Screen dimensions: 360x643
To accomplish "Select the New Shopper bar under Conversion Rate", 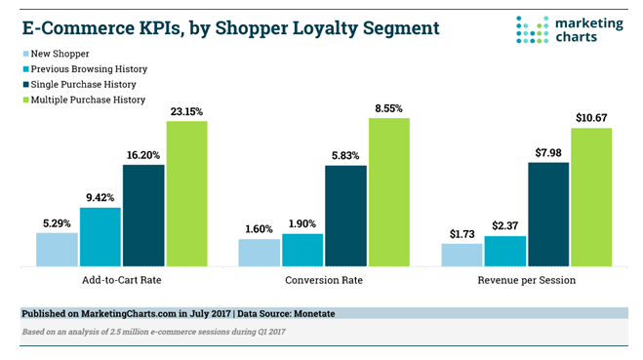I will click(x=259, y=252).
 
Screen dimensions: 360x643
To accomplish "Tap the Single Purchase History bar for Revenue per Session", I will click(x=548, y=214).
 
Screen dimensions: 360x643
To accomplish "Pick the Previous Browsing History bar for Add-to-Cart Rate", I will click(x=100, y=236).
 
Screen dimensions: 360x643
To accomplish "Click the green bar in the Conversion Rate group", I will click(x=388, y=192).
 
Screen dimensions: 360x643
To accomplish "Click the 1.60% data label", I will click(x=260, y=229).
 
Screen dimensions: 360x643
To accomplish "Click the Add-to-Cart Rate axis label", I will click(x=123, y=280).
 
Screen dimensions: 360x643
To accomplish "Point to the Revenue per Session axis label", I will click(x=528, y=280).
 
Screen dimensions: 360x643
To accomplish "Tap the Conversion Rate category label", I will click(x=324, y=280).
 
